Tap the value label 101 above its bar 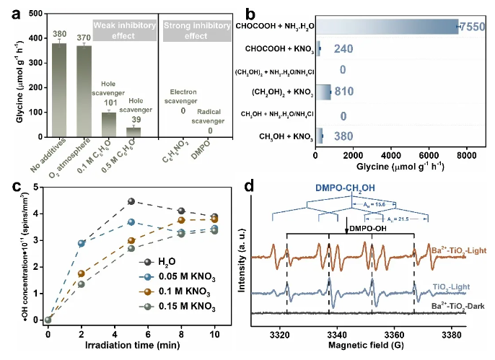pos(108,102)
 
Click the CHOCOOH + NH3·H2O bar pos(387,27)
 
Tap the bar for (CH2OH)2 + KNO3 pos(323,92)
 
